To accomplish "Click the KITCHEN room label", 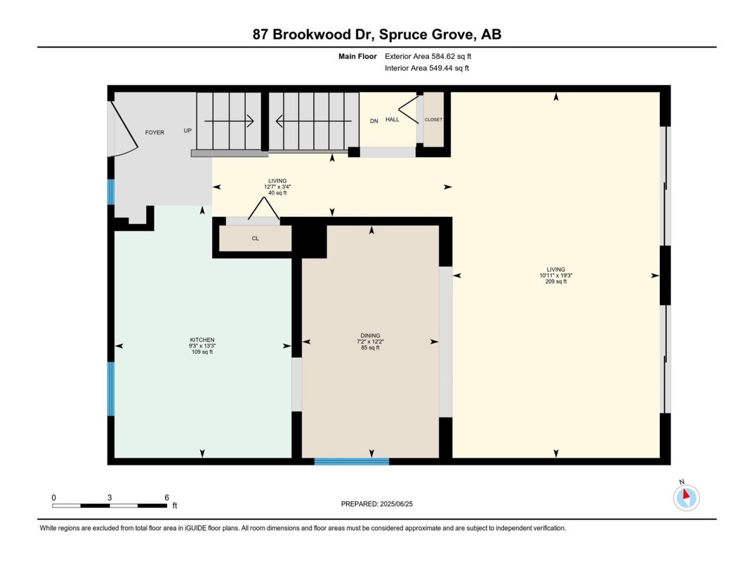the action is point(202,340).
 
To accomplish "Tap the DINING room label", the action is point(370,335).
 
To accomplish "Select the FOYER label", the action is point(154,132).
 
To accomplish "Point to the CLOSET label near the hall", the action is point(433,119).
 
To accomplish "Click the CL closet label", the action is point(255,238).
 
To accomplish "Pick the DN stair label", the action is point(374,121).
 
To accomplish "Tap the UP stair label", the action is point(187,131).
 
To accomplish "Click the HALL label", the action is point(392,119).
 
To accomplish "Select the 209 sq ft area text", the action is point(556,282).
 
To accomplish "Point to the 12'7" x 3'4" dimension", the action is point(277,187).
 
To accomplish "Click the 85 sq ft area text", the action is point(370,347).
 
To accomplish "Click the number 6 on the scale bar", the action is point(167,497).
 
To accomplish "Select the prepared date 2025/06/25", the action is point(396,504).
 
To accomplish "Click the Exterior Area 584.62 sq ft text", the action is point(428,56).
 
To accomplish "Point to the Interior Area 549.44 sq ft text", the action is point(426,68).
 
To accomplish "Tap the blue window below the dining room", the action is point(352,461).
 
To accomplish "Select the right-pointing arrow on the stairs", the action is point(229,121).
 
